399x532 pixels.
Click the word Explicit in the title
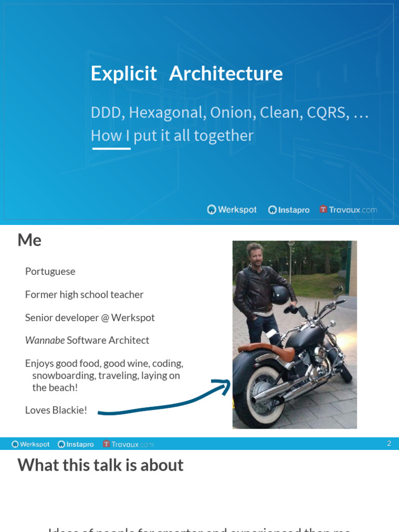pos(124,74)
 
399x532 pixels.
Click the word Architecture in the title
pos(226,74)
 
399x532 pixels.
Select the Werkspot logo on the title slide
pos(232,210)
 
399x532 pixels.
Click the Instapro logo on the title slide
pos(289,210)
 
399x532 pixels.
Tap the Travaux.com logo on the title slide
pos(348,210)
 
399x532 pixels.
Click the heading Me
pos(30,240)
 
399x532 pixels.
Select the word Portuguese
pos(50,272)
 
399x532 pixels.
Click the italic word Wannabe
pos(45,340)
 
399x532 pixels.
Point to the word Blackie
pos(70,410)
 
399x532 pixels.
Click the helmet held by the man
pos(280,295)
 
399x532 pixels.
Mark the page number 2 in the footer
pos(389,444)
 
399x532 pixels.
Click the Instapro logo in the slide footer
pos(76,444)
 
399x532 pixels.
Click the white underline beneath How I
pos(111,149)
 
